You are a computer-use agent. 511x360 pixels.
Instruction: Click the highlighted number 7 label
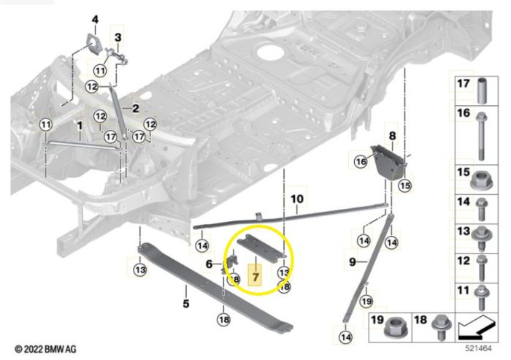(x=255, y=277)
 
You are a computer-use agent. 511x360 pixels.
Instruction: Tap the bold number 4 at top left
(x=95, y=20)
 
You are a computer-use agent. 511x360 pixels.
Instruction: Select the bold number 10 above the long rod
(x=296, y=199)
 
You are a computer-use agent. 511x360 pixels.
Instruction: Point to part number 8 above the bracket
(x=392, y=135)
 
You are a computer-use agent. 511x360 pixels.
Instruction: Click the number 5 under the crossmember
(x=185, y=303)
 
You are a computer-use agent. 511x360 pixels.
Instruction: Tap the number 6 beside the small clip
(x=210, y=264)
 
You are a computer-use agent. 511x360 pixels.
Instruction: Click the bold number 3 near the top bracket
(x=118, y=37)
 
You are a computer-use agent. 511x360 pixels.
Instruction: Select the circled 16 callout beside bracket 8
(x=361, y=161)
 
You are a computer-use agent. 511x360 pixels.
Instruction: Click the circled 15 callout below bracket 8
(x=405, y=185)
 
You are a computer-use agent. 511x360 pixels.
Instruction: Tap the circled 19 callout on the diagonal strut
(x=366, y=301)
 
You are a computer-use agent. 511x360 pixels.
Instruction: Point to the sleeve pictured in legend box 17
(x=482, y=91)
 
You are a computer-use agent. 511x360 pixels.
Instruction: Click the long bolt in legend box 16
(x=481, y=137)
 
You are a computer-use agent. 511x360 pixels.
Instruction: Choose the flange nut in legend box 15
(x=481, y=180)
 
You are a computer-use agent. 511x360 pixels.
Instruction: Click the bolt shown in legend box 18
(x=441, y=327)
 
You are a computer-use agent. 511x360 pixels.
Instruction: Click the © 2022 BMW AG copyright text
(x=45, y=349)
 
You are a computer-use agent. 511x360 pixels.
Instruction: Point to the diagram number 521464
(x=478, y=348)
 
